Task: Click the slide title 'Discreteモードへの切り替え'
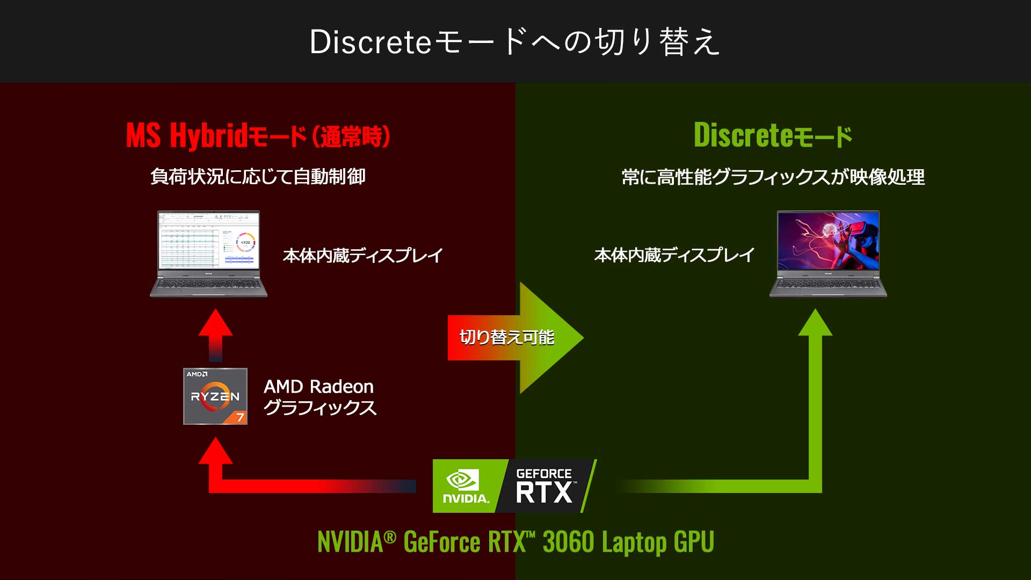[514, 42]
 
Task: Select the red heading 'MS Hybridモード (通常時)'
[258, 135]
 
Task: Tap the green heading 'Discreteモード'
[773, 135]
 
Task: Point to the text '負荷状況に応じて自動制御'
[258, 176]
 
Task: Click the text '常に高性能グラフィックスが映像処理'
[773, 177]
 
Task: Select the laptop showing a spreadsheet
[208, 254]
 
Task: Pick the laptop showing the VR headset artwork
[828, 254]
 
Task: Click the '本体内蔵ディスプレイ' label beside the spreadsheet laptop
[363, 255]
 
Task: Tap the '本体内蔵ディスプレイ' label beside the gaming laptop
[674, 255]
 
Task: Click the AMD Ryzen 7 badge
[215, 396]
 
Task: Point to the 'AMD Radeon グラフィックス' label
[320, 397]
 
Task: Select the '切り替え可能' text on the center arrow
[506, 337]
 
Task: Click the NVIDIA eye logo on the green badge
[462, 480]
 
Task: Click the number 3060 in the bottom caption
[568, 541]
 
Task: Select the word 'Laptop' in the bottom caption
[634, 542]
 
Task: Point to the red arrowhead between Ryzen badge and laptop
[215, 322]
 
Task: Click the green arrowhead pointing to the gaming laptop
[815, 322]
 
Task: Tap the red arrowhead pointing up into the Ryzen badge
[215, 451]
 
